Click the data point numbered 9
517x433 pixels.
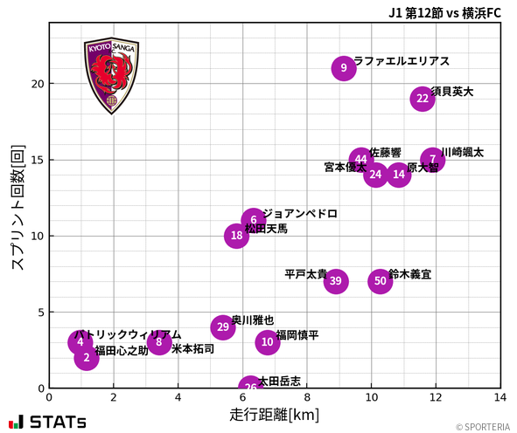tap(344, 68)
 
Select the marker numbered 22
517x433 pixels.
tap(423, 99)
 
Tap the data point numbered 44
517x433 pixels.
tap(361, 160)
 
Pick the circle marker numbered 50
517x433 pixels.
tap(380, 281)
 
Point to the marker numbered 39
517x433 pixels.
tap(336, 281)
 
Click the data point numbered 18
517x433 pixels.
tap(237, 236)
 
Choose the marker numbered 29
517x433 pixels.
tap(223, 327)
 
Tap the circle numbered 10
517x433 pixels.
tap(268, 342)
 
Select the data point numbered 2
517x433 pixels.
tap(87, 357)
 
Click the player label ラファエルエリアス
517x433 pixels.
tap(401, 61)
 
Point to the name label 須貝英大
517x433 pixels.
tap(451, 92)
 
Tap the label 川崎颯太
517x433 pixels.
tap(462, 153)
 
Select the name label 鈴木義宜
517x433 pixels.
tap(409, 274)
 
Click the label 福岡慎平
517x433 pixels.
tap(297, 335)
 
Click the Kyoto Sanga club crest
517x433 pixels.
tap(111, 76)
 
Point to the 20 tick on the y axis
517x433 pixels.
tap(36, 84)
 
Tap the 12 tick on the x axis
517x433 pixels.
tap(436, 397)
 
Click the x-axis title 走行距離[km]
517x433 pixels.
tap(274, 413)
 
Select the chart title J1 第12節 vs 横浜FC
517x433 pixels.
tap(446, 12)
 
